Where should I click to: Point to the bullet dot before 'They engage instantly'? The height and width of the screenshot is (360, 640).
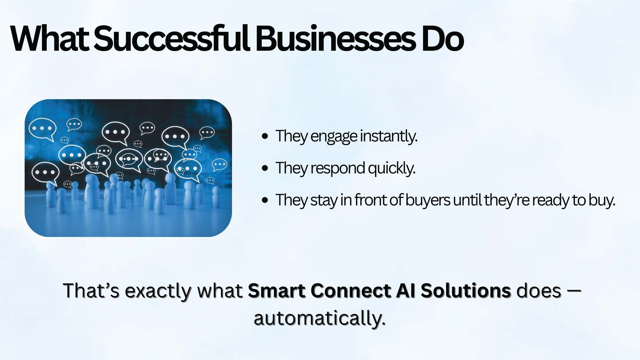coord(265,136)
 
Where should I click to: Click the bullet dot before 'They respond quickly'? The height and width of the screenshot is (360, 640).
coord(265,168)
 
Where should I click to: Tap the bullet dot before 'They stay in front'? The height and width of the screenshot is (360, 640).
coord(265,200)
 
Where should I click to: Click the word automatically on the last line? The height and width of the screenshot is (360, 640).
coord(320,318)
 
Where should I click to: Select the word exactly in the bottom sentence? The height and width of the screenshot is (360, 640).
coord(158,291)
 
